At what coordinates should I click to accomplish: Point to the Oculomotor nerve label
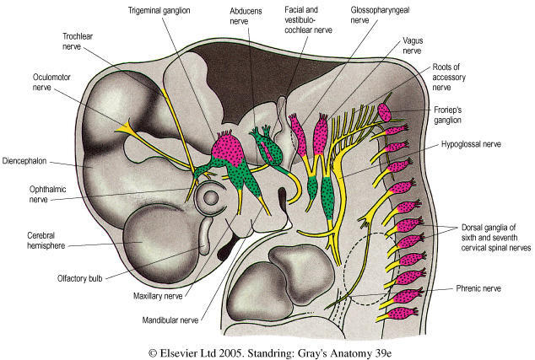(32, 83)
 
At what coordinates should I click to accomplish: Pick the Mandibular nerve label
(172, 320)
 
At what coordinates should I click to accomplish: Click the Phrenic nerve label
(464, 288)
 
